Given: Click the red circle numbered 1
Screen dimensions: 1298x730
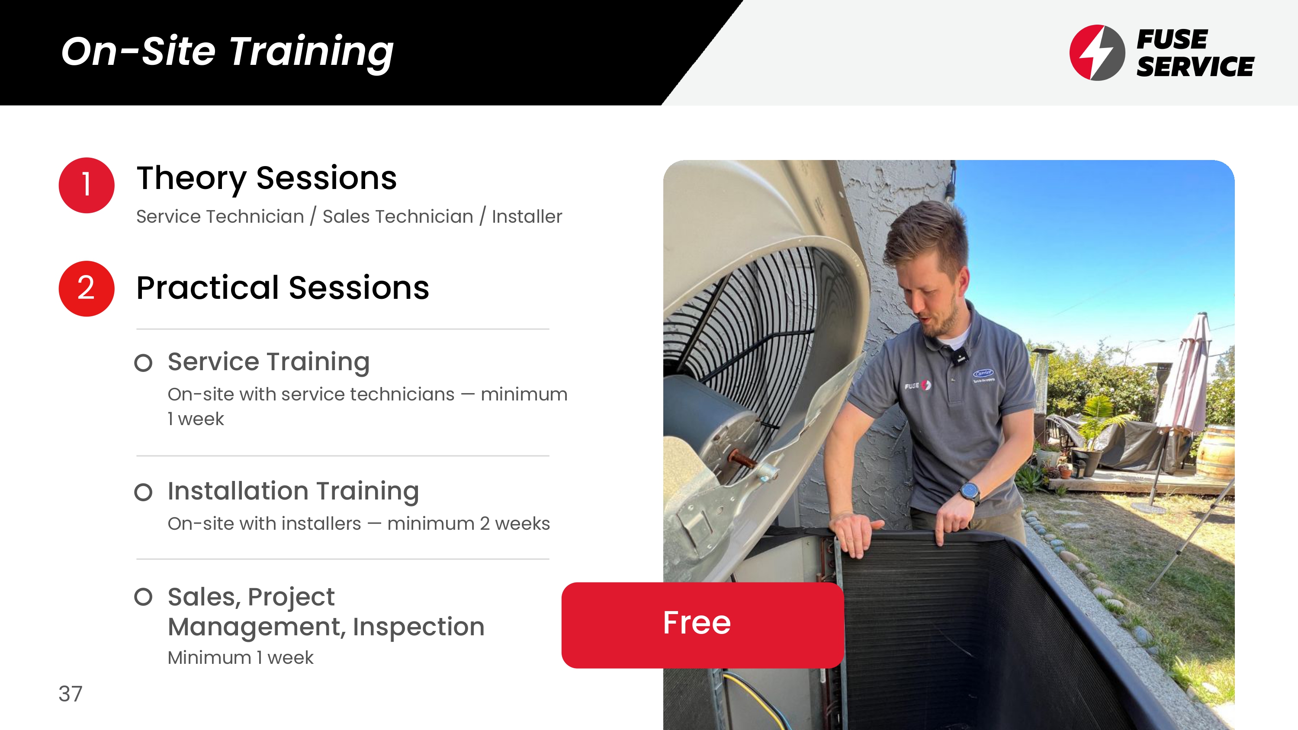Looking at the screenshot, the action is (87, 185).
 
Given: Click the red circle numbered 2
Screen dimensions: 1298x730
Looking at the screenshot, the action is (87, 289).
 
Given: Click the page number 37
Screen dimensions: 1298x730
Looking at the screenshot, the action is (70, 694).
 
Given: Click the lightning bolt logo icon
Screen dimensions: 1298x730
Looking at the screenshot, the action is (1097, 52).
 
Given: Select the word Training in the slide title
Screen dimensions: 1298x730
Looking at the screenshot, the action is (312, 53).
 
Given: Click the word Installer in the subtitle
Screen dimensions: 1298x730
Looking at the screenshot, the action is (527, 217).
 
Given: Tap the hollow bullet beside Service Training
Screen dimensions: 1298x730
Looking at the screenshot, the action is (143, 363).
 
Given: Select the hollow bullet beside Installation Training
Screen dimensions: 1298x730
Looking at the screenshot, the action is (143, 492).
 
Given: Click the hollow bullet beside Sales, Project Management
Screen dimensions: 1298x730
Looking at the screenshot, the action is (143, 597).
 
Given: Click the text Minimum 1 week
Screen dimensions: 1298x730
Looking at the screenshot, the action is (241, 658).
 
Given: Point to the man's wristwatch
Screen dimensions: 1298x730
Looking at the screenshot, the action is (970, 491).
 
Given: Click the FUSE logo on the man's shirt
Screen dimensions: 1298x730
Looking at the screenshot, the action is (918, 386).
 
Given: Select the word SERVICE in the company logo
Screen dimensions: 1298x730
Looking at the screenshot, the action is (1195, 67).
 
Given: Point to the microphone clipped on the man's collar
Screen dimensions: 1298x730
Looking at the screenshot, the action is (961, 357).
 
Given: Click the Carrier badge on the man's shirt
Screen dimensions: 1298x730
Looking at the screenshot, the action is (983, 375).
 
